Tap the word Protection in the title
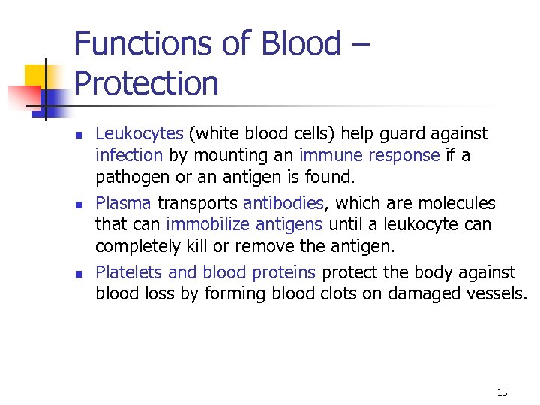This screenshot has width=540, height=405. (146, 83)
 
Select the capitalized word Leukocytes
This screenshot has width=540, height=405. (139, 134)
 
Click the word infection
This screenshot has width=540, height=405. (128, 155)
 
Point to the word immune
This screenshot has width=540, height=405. (330, 155)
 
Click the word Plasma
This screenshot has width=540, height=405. (123, 203)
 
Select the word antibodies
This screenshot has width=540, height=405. (283, 203)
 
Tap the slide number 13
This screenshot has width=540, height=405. (502, 392)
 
